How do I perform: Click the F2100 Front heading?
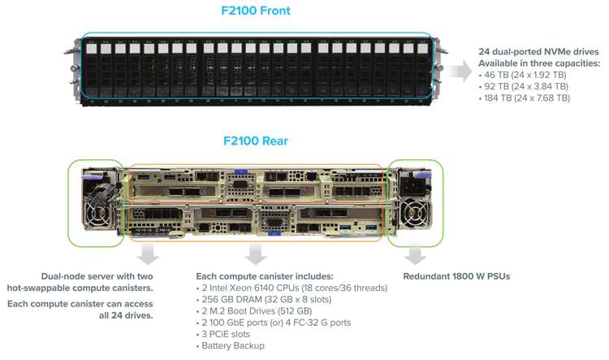click(x=256, y=11)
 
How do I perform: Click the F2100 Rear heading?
click(x=256, y=141)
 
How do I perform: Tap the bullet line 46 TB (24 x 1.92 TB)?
click(x=522, y=75)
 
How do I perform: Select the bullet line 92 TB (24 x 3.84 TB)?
click(x=524, y=86)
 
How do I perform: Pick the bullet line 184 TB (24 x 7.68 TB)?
click(x=525, y=98)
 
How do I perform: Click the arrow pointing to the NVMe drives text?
click(x=461, y=72)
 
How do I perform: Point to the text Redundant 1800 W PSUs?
click(x=456, y=276)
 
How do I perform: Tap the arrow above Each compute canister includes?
click(x=255, y=254)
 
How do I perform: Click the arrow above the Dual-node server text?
click(x=148, y=254)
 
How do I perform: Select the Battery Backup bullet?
click(x=231, y=345)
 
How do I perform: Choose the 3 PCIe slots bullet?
click(x=223, y=334)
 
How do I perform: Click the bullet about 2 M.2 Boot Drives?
click(x=254, y=311)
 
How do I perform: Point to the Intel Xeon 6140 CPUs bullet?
click(x=292, y=288)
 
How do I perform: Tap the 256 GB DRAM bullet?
click(x=264, y=299)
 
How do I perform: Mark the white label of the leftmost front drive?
click(x=91, y=49)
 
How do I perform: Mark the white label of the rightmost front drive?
click(x=422, y=49)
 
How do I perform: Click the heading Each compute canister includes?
click(x=265, y=276)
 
